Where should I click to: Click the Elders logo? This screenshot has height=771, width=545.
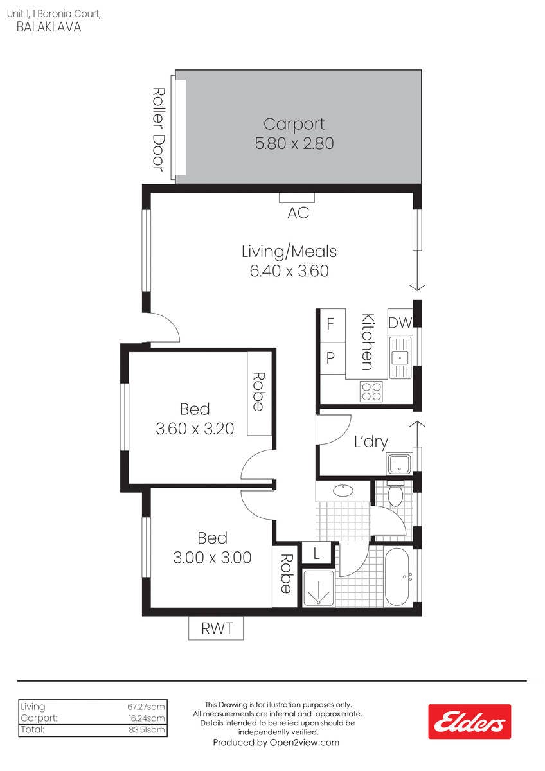pos(469,721)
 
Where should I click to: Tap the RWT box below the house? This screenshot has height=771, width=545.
pos(216,628)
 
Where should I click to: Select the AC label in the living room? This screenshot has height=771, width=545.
pos(298,213)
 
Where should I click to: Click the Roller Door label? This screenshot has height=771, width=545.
pos(159,129)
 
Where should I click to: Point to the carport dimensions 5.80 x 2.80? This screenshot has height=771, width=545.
pos(294,143)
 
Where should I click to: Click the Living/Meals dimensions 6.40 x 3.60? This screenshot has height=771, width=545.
pos(289,271)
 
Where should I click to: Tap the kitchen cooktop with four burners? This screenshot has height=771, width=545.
pos(371,391)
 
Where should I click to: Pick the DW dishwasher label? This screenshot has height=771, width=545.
pos(400,323)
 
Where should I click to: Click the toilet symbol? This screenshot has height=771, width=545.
pos(395,493)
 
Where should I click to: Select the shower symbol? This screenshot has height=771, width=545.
pos(319,589)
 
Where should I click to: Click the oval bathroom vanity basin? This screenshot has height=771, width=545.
pos(343,490)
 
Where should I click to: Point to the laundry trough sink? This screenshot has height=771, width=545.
pos(399,464)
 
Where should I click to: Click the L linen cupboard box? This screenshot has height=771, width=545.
pos(316,553)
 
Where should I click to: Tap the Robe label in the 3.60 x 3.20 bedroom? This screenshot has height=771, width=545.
pos(259,392)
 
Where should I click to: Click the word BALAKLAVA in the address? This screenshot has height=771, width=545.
pos(49,27)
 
